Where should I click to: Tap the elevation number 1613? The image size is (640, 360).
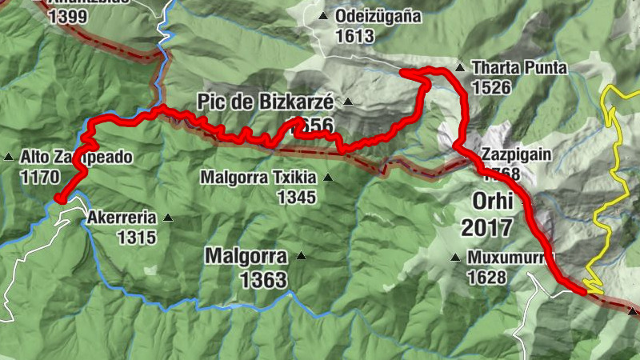click(x=356, y=36)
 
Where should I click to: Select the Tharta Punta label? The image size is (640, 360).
click(x=519, y=69)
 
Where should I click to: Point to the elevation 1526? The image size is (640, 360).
click(x=492, y=88)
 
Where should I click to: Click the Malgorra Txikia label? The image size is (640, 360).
click(x=259, y=177)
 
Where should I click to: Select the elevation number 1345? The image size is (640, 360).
click(x=296, y=197)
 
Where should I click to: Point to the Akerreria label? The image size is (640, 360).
click(x=121, y=217)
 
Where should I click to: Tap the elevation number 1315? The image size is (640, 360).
click(x=136, y=237)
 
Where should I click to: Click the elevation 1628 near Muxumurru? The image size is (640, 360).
click(x=489, y=278)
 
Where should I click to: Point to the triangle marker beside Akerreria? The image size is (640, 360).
click(x=168, y=217)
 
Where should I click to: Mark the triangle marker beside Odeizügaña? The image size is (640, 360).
click(x=323, y=16)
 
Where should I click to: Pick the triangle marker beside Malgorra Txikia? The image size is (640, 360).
click(x=326, y=177)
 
